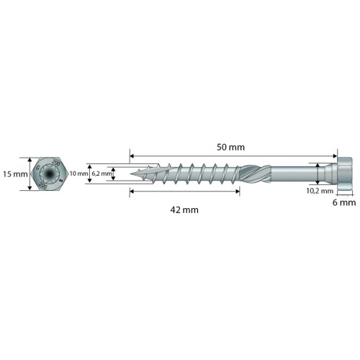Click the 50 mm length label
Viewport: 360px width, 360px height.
point(230,147)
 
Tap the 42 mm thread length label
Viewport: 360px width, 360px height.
point(184,210)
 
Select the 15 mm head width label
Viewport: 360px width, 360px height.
point(15,174)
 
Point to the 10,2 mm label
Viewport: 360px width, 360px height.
point(320,191)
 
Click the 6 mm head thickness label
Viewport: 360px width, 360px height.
point(344,202)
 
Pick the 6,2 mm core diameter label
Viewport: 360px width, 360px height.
point(102,174)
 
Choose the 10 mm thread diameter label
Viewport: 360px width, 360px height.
point(78,174)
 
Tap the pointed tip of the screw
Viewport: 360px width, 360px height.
point(131,174)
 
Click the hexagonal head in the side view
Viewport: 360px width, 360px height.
point(345,174)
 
